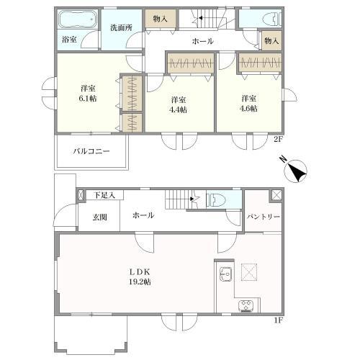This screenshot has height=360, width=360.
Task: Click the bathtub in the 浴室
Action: pos(78,19)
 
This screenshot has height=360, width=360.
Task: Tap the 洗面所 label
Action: pos(121,27)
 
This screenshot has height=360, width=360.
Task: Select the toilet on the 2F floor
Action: pos(272,19)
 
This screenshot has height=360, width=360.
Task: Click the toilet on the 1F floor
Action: pos(217,199)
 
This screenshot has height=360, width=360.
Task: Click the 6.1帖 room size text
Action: pos(88,99)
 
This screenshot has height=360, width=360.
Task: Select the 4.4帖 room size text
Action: pos(178,110)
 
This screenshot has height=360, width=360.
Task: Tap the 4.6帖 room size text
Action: pos(248,109)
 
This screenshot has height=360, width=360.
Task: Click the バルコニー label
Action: pos(91,151)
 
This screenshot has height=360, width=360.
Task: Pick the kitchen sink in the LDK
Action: pos(226,274)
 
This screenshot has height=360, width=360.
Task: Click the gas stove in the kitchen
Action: pos(246,306)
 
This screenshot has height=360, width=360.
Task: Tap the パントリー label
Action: pos(264,217)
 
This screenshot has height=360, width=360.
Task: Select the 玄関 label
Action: pos(99,217)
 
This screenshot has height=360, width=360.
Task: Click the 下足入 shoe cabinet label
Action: pos(104,195)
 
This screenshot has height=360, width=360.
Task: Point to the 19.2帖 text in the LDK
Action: pos(140,282)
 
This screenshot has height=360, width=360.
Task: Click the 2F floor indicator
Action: pos(279,139)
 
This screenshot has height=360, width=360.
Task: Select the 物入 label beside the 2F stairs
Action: pos(160,19)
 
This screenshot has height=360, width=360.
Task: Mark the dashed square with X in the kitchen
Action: pos(249,272)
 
